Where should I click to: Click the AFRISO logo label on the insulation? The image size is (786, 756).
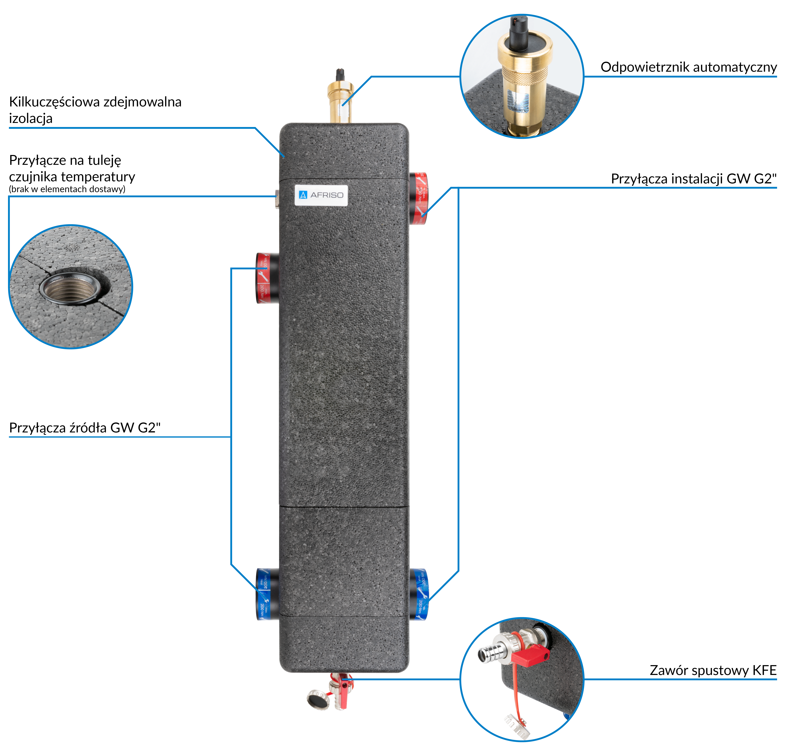coord(321,195)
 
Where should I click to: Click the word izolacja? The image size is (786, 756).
coord(31,119)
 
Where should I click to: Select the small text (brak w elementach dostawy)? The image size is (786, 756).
coord(67,189)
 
